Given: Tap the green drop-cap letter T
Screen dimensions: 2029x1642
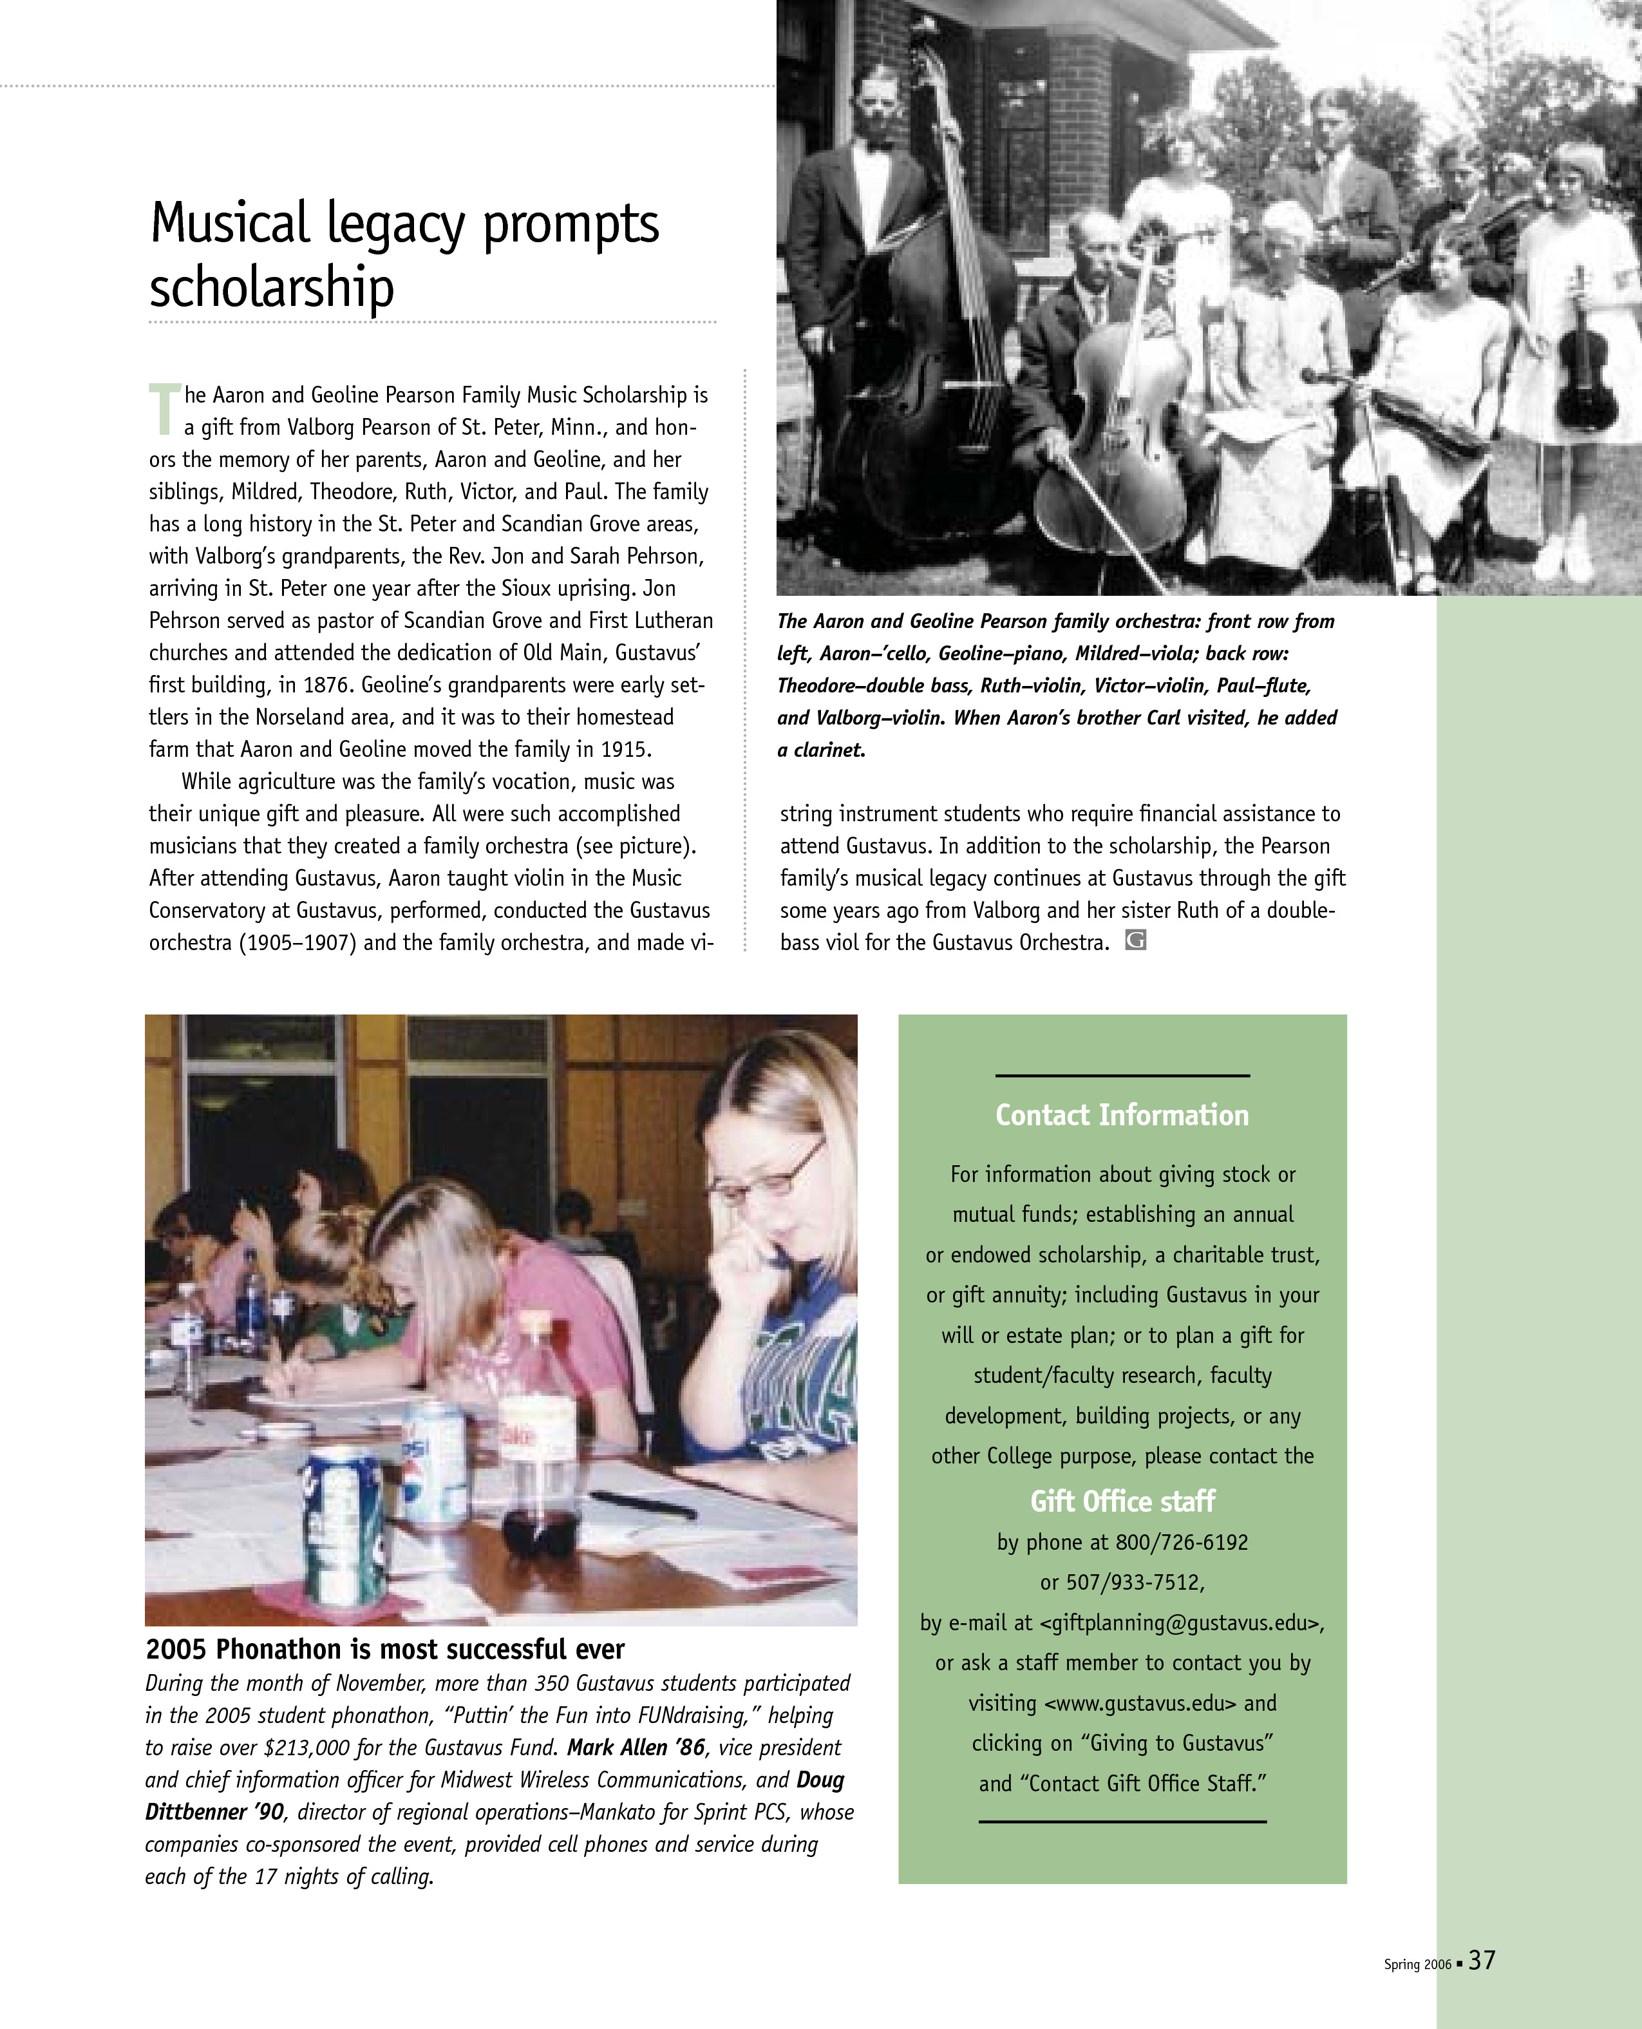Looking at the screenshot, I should coord(164,408).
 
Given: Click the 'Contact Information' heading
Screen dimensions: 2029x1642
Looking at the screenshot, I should coord(1122,1115).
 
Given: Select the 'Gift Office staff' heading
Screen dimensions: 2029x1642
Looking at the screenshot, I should coord(1122,1501).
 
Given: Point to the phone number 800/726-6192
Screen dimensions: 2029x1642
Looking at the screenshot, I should coord(1182,1543).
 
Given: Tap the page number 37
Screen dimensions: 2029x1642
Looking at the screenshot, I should coord(1482,1961).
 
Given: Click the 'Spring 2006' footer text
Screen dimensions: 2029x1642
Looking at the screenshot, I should coord(1417,1965).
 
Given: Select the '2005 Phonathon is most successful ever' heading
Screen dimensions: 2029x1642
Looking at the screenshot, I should coord(385,1650).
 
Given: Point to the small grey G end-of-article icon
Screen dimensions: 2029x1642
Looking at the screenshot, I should coord(1135,940).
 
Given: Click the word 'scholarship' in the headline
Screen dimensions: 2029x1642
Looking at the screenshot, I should coord(272,289).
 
